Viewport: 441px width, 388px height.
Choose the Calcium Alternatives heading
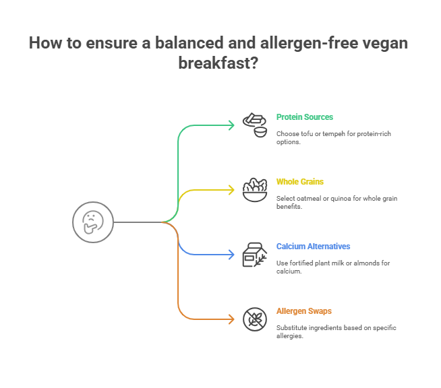313,246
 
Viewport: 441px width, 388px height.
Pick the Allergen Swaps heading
303,311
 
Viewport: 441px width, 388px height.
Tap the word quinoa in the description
332,198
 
